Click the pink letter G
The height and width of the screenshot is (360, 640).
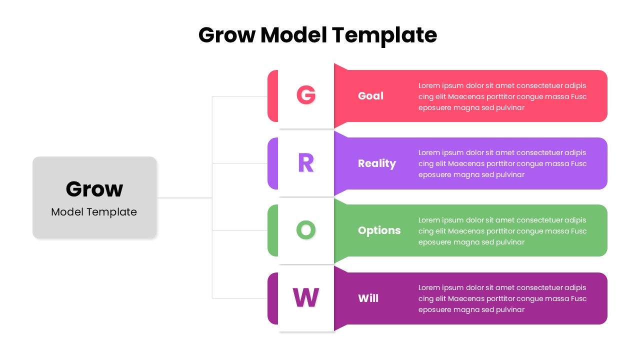click(306, 95)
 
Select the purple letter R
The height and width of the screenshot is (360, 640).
click(305, 162)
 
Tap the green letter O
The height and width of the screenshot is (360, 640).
click(306, 230)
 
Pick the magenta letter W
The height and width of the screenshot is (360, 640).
click(305, 297)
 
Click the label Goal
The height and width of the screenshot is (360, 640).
click(370, 96)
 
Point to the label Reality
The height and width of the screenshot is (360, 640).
click(376, 163)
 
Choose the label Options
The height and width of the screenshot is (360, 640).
click(379, 230)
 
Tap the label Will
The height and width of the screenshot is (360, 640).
click(368, 298)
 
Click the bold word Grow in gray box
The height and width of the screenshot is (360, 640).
click(94, 189)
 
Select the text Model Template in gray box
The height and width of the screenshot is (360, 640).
click(94, 212)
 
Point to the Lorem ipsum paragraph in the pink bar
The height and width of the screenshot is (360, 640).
click(502, 96)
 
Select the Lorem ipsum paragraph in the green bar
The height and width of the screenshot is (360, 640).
click(502, 231)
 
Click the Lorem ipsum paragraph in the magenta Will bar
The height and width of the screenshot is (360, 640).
click(502, 298)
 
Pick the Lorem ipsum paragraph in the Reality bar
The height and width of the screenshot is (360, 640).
click(502, 163)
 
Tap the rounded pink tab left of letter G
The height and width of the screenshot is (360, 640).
click(272, 96)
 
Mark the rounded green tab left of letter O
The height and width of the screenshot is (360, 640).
click(272, 230)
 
